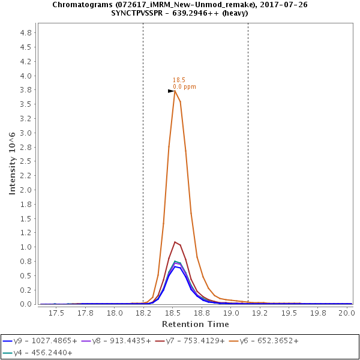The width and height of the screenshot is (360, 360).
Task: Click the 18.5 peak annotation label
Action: [x=179, y=80]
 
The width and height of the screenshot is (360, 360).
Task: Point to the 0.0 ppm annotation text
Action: [x=184, y=87]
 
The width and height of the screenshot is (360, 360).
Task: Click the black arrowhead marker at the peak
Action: [x=171, y=91]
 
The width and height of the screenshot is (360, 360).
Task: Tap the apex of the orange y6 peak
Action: [x=175, y=91]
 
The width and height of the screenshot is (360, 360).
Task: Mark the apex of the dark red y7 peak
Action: [x=175, y=242]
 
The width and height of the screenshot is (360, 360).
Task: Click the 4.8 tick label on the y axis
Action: [x=26, y=33]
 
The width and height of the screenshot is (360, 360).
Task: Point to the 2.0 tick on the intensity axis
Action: [x=26, y=190]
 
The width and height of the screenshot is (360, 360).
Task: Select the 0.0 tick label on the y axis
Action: [x=26, y=304]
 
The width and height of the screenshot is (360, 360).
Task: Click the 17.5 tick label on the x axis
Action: [x=56, y=313]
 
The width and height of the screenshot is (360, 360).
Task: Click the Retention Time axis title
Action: [x=196, y=324]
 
